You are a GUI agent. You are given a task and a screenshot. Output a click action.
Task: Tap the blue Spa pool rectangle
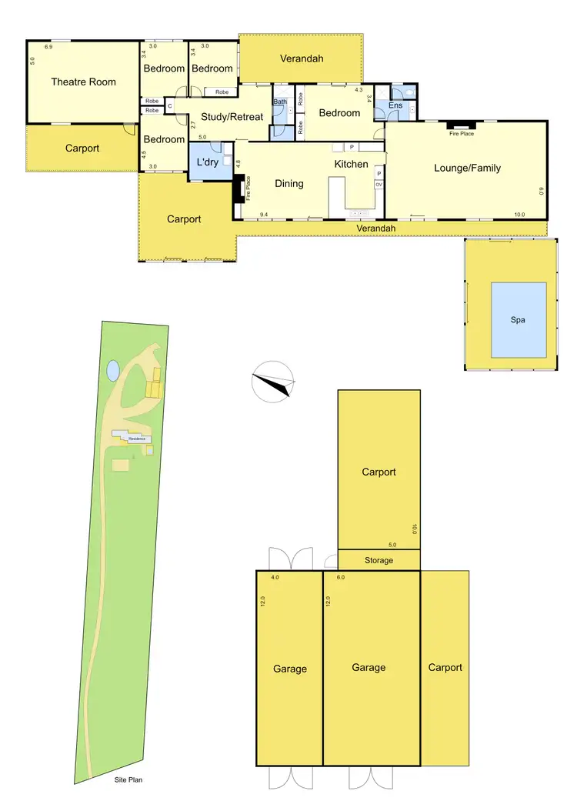[519, 319]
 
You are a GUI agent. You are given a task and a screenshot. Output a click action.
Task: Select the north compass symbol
[274, 381]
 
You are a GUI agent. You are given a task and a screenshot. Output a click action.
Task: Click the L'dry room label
[208, 162]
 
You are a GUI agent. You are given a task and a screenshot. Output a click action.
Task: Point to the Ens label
[395, 105]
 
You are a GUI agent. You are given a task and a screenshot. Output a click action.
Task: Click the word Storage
[379, 560]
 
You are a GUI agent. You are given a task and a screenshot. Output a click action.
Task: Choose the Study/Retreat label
[232, 117]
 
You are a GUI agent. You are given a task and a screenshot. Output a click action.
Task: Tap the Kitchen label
[351, 164]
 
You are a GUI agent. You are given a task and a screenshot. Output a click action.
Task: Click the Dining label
[289, 183]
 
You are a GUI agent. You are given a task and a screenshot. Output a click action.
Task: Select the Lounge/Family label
[467, 168]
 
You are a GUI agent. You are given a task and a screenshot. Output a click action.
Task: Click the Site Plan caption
[125, 779]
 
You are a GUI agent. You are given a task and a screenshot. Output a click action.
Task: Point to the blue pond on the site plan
[114, 371]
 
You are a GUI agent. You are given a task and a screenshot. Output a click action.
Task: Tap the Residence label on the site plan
[137, 438]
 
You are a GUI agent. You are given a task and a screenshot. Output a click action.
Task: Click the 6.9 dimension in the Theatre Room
[48, 48]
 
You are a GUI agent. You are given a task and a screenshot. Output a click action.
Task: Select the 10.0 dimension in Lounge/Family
[520, 215]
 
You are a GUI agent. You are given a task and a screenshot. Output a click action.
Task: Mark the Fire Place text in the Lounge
[462, 134]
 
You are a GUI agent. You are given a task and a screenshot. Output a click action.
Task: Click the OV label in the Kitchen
[379, 185]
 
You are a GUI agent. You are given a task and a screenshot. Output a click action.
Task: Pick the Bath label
[279, 102]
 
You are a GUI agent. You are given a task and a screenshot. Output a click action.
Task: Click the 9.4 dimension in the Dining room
[264, 215]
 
